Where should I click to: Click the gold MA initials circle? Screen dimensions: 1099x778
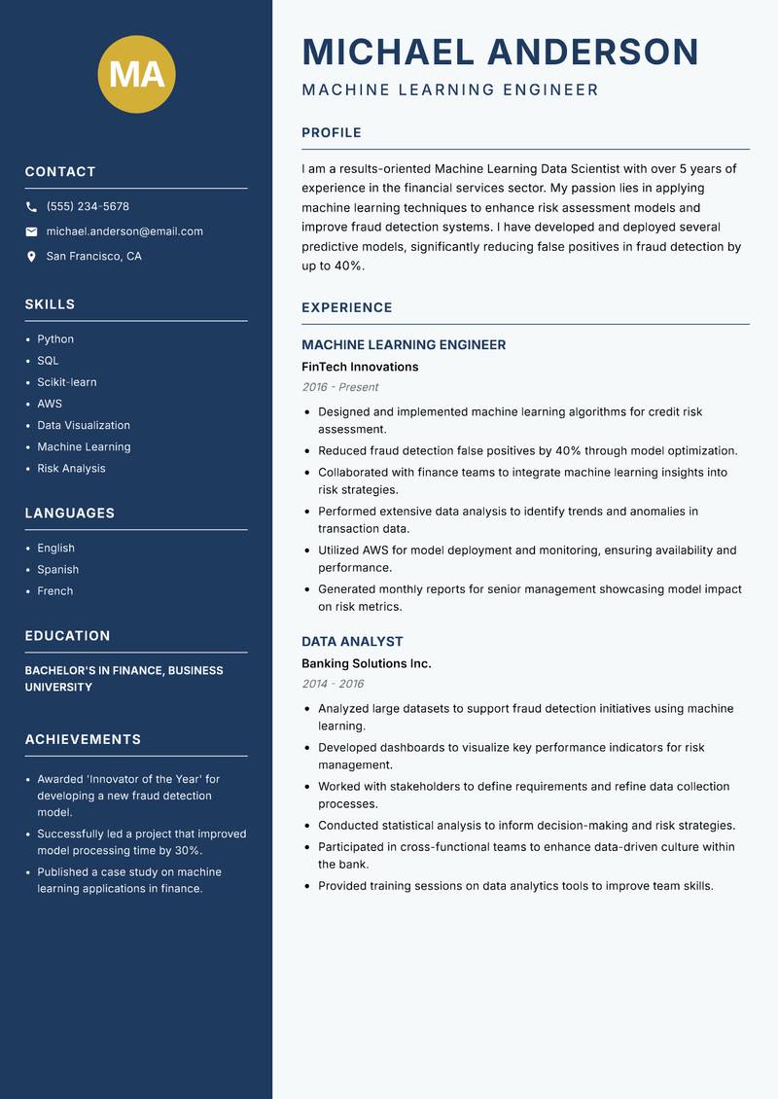pos(136,74)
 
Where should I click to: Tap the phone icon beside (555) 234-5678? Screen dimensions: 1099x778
pos(31,207)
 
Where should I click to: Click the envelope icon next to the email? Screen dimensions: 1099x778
pos(31,231)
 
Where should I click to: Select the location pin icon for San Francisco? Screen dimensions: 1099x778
pos(31,257)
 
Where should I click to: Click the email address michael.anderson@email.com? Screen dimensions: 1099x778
pos(124,231)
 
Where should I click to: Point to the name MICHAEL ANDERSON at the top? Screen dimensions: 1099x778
pos(500,52)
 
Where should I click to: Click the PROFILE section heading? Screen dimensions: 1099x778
pos(331,133)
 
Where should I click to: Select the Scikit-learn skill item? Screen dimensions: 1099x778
pos(67,382)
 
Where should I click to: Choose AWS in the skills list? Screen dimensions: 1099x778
pos(50,404)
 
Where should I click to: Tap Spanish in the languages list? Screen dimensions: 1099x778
pos(57,570)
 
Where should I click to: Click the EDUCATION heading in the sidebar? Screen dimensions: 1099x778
pos(67,636)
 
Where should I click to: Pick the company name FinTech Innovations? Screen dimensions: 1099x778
pos(360,367)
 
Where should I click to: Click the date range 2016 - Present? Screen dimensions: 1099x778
pos(339,387)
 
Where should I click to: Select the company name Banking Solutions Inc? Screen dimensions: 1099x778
pos(366,663)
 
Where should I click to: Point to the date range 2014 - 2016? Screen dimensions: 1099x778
pos(333,684)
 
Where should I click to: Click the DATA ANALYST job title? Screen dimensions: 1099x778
pos(352,642)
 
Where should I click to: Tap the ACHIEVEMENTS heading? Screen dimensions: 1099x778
pos(83,740)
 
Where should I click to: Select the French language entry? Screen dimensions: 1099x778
pos(54,591)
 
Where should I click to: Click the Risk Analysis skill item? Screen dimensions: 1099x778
pos(71,469)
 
